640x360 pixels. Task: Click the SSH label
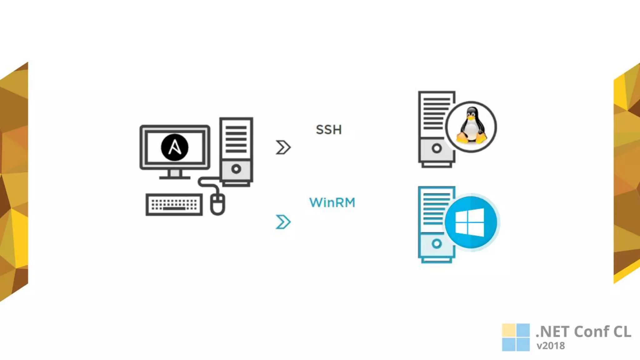329,130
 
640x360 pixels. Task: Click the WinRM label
332,202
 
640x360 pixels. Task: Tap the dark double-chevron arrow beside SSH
283,147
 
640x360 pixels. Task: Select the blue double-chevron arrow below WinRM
283,222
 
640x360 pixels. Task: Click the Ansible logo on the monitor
174,147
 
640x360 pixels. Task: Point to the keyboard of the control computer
174,205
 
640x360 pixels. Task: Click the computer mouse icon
217,204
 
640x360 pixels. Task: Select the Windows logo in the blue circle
470,222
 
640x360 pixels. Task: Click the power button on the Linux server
437,148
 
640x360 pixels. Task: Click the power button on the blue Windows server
437,243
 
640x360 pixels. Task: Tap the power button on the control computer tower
236,169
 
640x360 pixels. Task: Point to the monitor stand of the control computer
175,174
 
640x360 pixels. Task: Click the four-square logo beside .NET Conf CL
516,337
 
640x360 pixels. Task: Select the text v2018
551,346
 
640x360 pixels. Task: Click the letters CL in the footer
622,332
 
